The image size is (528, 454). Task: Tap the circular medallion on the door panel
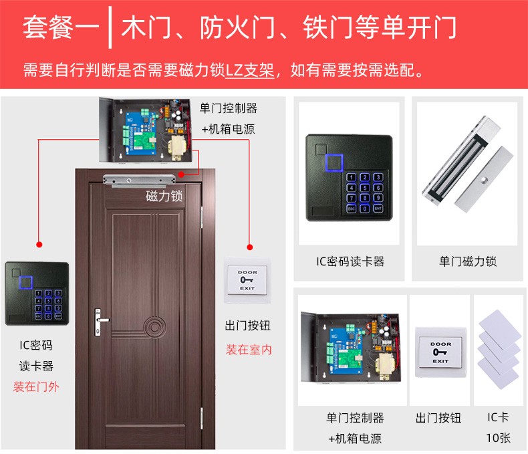154,327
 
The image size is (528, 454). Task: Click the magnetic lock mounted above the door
139,181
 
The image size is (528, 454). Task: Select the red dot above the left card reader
39,245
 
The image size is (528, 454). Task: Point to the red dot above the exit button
249,247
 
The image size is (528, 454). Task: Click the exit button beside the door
247,280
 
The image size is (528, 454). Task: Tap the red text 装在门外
36,386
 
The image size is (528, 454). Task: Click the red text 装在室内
249,350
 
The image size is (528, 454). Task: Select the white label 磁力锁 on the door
164,196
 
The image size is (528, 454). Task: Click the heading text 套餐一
61,27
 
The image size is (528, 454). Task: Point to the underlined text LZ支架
249,70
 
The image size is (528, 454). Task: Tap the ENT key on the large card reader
378,209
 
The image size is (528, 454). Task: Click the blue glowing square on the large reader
334,162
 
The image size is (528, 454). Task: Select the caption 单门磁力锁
468,261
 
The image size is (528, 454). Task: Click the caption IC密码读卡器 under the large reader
350,261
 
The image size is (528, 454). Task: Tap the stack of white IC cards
499,349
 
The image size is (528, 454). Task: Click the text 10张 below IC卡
499,438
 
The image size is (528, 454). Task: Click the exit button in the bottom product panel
440,352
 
